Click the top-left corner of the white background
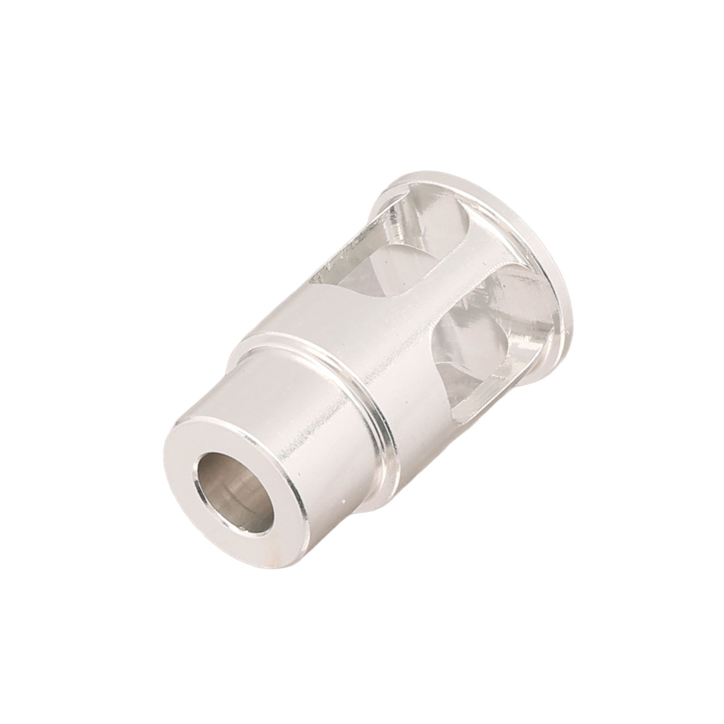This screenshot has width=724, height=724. pyautogui.click(x=3, y=3)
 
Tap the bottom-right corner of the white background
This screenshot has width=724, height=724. pyautogui.click(x=721, y=721)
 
